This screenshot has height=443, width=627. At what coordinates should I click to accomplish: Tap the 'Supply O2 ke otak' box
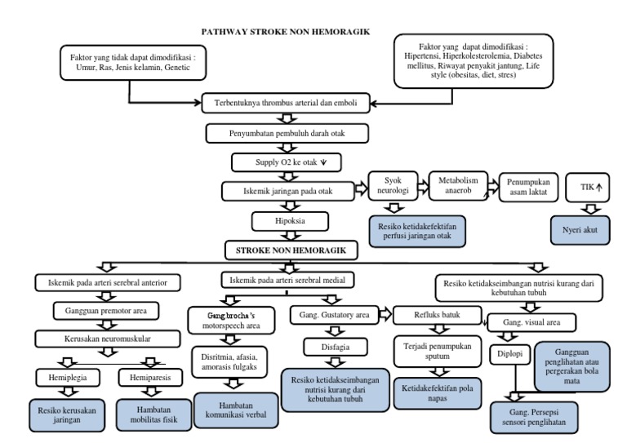tap(282, 162)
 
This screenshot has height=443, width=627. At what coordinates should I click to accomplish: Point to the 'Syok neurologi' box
tap(393, 187)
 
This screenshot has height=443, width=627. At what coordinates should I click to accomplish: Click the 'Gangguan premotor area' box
tap(104, 310)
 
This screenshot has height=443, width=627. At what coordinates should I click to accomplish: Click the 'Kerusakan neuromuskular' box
tap(103, 337)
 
